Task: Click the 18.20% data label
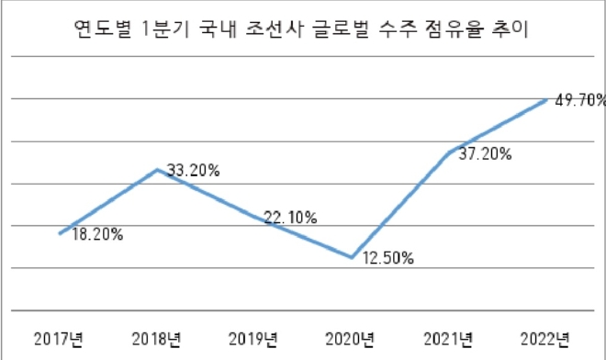pyautogui.click(x=97, y=234)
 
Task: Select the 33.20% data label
pyautogui.click(x=193, y=170)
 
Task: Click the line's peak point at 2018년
pyautogui.click(x=158, y=169)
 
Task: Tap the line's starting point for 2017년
pyautogui.click(x=61, y=232)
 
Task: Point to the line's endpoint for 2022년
pyautogui.click(x=547, y=99)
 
